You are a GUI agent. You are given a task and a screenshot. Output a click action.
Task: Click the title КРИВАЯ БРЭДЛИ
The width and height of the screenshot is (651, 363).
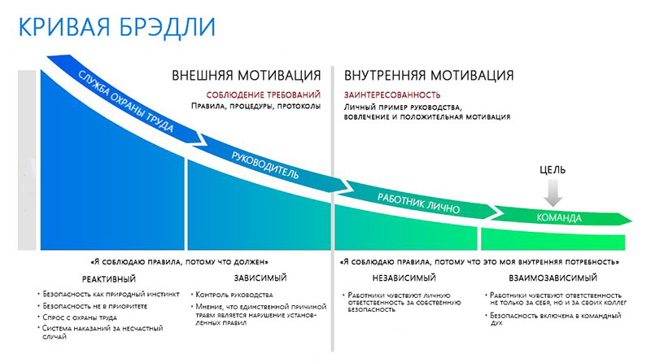[x=117, y=28]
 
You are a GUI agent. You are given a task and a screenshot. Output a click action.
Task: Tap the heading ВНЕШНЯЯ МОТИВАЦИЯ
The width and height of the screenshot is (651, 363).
[x=247, y=76]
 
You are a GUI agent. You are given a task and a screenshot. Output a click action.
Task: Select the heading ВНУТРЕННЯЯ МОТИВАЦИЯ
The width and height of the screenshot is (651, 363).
[x=429, y=76]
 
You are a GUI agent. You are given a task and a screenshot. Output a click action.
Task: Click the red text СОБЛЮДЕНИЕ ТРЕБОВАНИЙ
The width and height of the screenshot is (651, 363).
[x=263, y=95]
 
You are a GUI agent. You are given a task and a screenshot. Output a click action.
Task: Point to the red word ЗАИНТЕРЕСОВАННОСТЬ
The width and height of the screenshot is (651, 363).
[x=392, y=95]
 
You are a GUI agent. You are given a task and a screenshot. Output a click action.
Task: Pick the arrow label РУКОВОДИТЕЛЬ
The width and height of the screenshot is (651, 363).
[x=265, y=165]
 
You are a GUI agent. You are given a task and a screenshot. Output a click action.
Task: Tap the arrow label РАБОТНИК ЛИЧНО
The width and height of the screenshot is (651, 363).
[x=418, y=203]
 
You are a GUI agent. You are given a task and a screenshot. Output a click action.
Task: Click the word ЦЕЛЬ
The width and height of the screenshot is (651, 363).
[x=553, y=170]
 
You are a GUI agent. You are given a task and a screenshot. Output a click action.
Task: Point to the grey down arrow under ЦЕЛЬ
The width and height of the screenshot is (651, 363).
[x=553, y=193]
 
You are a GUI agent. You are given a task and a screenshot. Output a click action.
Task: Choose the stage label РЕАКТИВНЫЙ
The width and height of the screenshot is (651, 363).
[x=109, y=279]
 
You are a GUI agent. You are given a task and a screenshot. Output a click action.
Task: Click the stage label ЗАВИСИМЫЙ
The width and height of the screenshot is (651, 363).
[x=260, y=278]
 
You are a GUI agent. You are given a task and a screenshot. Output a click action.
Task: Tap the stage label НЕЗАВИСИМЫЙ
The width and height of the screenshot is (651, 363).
[x=404, y=278]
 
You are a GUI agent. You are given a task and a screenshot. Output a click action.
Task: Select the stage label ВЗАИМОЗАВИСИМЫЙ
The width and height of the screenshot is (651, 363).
[x=553, y=278]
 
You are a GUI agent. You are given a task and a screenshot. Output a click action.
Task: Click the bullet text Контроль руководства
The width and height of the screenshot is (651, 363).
[x=234, y=295]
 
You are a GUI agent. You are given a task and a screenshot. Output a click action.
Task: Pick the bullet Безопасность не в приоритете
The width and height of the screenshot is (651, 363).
[x=94, y=306]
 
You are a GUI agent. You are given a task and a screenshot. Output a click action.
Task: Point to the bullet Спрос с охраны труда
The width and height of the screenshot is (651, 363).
[x=80, y=317]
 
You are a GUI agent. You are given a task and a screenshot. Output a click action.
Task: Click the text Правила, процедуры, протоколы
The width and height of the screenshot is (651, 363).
[x=256, y=106]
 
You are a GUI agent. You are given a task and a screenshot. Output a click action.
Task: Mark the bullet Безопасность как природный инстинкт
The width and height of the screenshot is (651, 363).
[x=111, y=294]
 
